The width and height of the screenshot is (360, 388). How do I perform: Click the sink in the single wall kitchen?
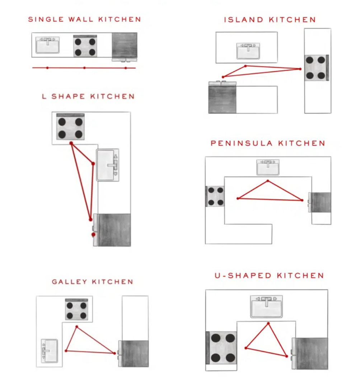tap(48, 45)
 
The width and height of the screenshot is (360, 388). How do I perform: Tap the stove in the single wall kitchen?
tap(85, 46)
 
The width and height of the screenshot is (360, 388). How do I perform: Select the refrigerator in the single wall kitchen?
tap(124, 45)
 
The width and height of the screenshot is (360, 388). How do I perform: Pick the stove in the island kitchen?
tap(316, 68)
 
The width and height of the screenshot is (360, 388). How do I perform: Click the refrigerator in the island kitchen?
tap(223, 99)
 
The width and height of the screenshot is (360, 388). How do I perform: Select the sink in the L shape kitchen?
tap(108, 165)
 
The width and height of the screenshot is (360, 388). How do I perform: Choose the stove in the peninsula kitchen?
tap(215, 196)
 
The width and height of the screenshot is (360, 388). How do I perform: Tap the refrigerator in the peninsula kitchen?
tap(321, 202)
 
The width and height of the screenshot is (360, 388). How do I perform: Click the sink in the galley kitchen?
tap(49, 350)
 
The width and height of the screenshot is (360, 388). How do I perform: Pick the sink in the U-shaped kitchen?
tap(266, 306)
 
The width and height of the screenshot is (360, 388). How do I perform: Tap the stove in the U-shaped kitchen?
tap(222, 348)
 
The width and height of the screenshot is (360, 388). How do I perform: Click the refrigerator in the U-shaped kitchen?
tap(311, 353)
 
